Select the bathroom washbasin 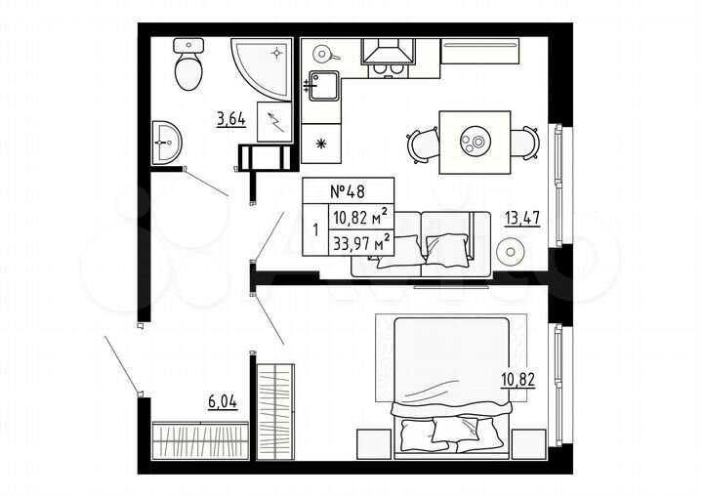(167, 145)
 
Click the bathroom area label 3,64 (230, 121)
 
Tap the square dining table (475, 142)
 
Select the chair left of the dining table (423, 145)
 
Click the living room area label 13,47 (522, 217)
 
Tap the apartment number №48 (348, 190)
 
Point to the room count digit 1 (314, 231)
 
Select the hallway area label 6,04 (223, 400)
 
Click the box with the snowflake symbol (322, 145)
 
